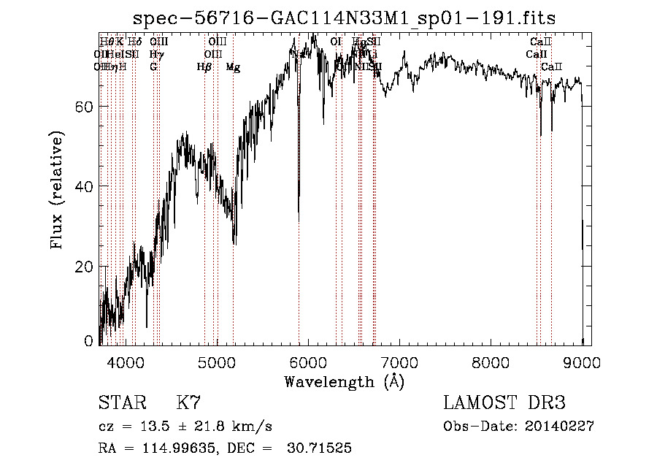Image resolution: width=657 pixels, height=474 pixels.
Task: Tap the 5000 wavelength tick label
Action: (x=217, y=362)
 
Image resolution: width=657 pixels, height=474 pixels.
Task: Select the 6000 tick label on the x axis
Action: (x=308, y=362)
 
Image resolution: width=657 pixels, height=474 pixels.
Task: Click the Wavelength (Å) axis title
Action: (x=344, y=381)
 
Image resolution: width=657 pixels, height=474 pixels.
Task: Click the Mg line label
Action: (x=233, y=67)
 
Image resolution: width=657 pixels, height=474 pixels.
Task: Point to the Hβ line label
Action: (x=204, y=67)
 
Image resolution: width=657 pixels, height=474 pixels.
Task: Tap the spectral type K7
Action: (x=188, y=403)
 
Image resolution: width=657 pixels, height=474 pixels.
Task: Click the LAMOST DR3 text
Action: (x=504, y=403)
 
